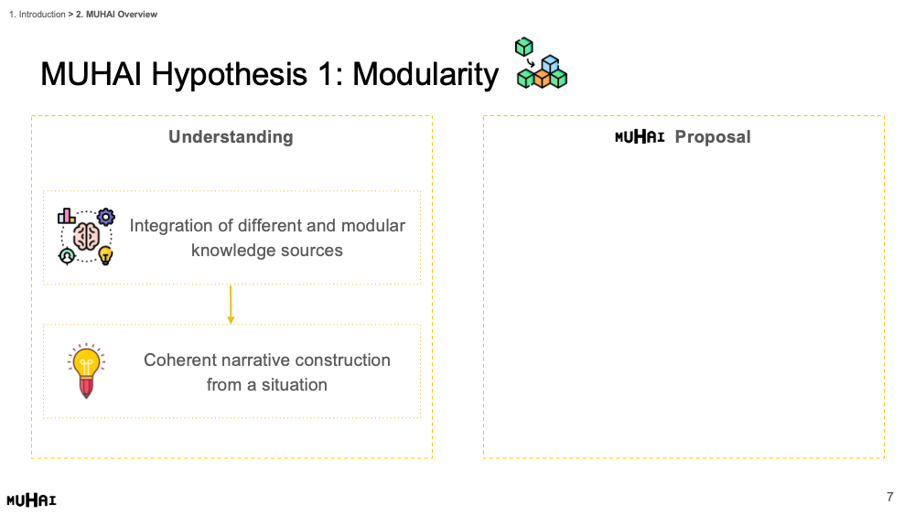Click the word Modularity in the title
click(425, 75)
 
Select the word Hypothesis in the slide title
click(230, 75)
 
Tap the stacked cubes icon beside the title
click(542, 63)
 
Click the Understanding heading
click(231, 137)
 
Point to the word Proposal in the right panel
click(713, 137)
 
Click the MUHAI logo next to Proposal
click(640, 137)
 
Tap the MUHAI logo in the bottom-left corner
click(31, 499)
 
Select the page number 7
click(890, 497)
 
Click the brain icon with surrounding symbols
click(86, 236)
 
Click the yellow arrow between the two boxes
click(231, 305)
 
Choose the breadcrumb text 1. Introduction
click(38, 14)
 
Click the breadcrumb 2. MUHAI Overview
click(117, 14)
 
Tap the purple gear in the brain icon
click(105, 217)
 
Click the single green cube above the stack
click(524, 47)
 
